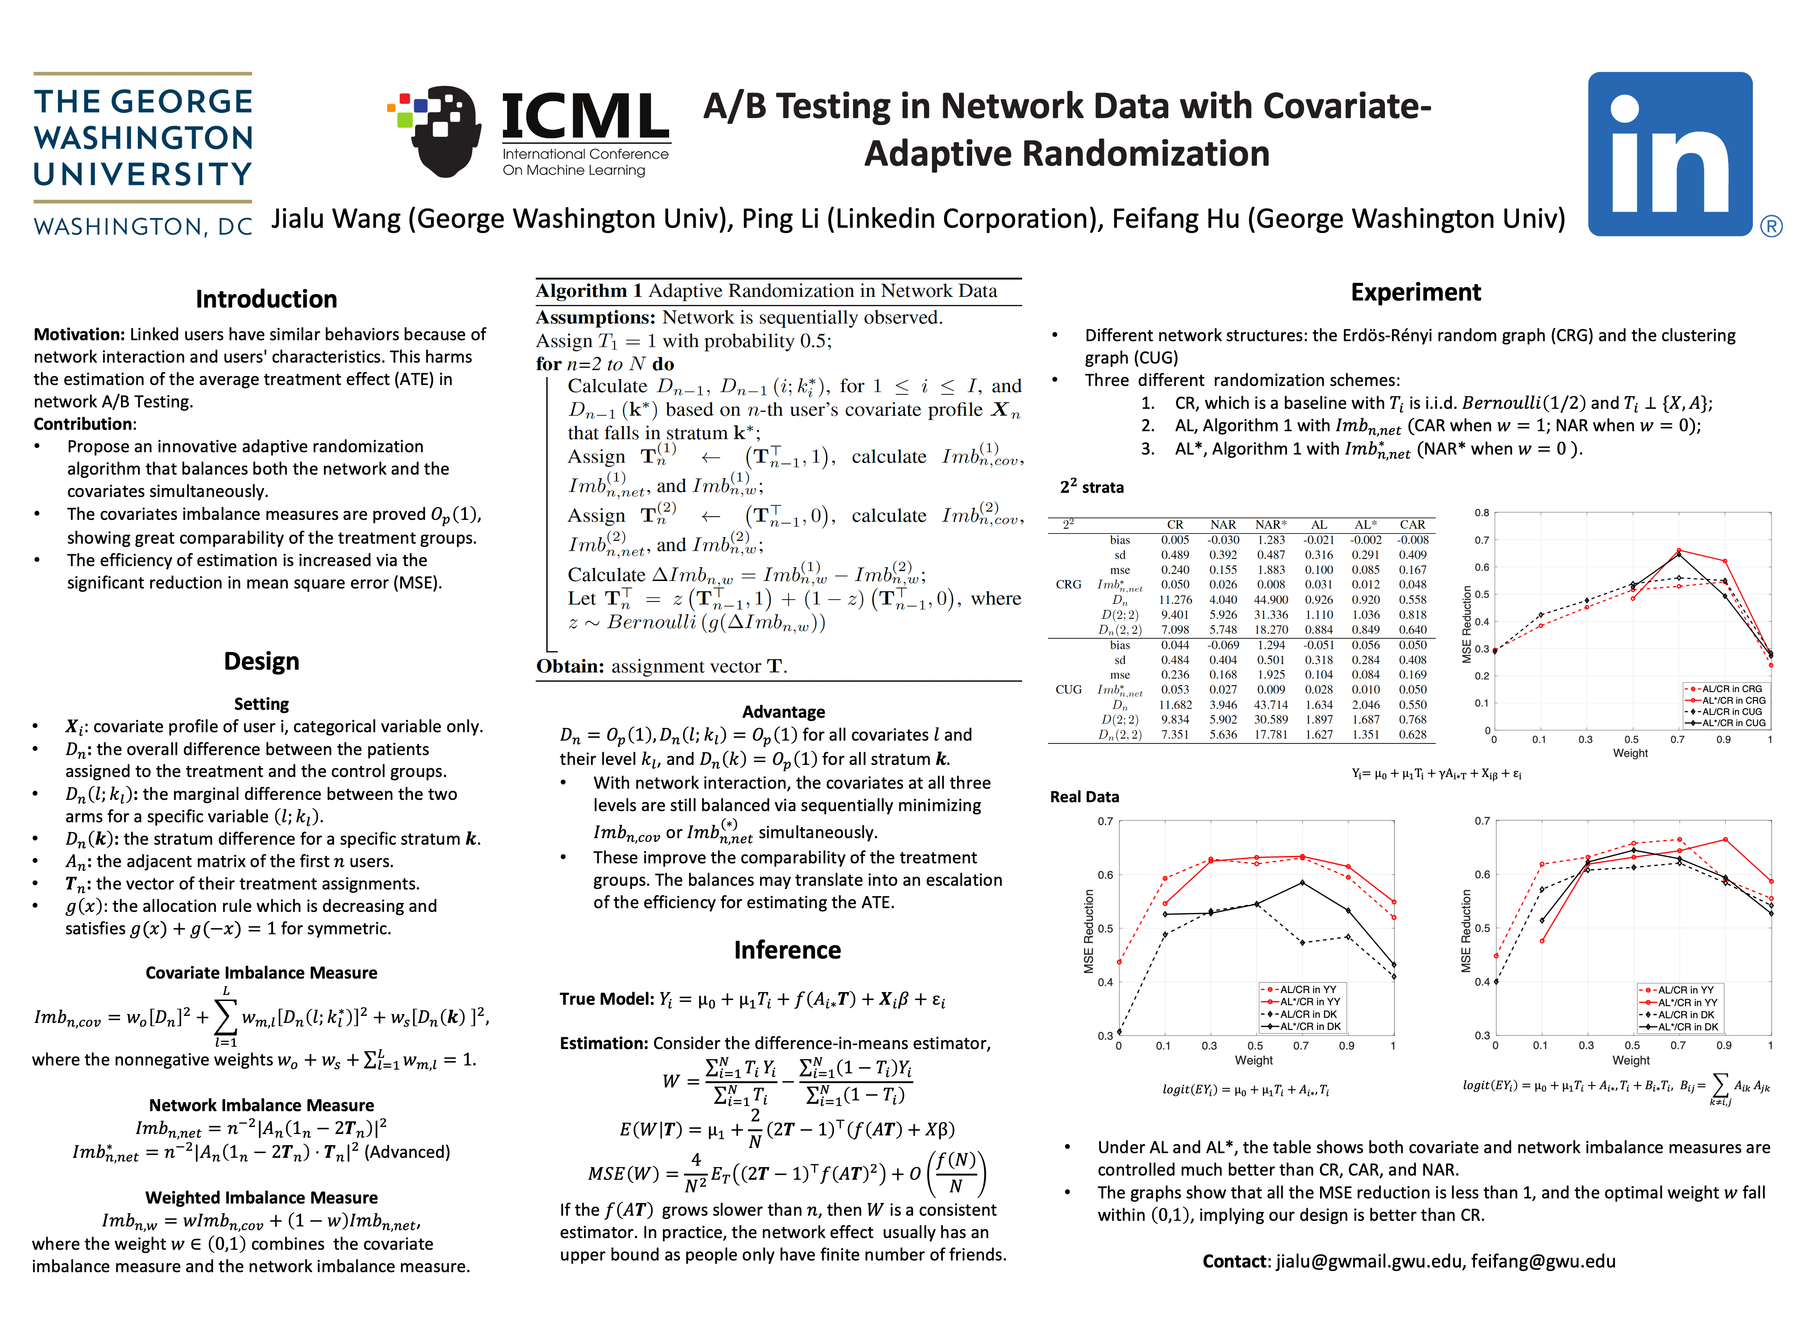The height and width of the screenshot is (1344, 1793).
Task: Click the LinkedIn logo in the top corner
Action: pos(1670,154)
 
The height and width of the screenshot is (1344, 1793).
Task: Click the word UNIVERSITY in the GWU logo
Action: pos(143,174)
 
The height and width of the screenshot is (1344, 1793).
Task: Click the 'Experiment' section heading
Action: pos(1415,293)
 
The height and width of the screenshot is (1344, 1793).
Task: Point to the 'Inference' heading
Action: pos(787,950)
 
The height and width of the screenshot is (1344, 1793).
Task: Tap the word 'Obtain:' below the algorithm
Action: pos(570,666)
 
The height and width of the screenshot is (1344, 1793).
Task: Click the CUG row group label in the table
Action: pos(1068,689)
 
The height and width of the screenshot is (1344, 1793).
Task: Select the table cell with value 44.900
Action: pos(1271,600)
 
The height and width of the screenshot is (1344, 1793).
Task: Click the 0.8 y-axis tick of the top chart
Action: pos(1482,513)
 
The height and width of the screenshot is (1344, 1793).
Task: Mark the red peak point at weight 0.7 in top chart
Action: pos(1678,551)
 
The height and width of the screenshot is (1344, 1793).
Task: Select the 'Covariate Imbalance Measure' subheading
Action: pos(261,973)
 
